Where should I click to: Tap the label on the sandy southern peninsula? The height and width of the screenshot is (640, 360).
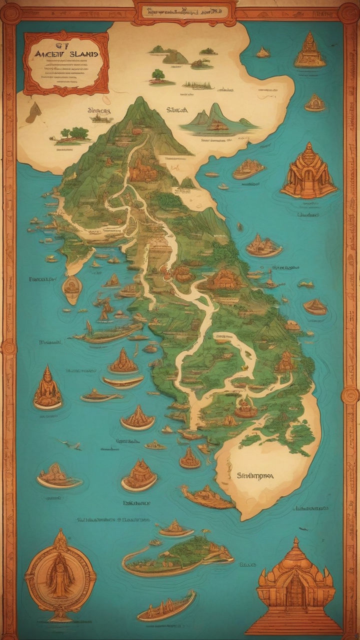pyautogui.click(x=255, y=476)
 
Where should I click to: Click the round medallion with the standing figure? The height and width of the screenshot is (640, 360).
pyautogui.click(x=60, y=575)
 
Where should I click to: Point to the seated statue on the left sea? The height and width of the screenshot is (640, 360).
pyautogui.click(x=47, y=387)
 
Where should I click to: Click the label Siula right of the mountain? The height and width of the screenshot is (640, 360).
pyautogui.click(x=177, y=110)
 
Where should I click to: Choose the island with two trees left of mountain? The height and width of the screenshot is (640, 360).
pyautogui.click(x=73, y=135)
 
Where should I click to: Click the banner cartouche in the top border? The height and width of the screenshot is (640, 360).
pyautogui.click(x=184, y=11)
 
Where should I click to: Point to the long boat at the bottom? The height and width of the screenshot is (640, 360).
pyautogui.click(x=166, y=606)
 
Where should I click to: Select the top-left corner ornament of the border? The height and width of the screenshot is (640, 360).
pyautogui.click(x=10, y=12)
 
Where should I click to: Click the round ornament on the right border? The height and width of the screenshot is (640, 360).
pyautogui.click(x=350, y=395)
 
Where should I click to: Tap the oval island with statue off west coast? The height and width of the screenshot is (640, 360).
pyautogui.click(x=72, y=288)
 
